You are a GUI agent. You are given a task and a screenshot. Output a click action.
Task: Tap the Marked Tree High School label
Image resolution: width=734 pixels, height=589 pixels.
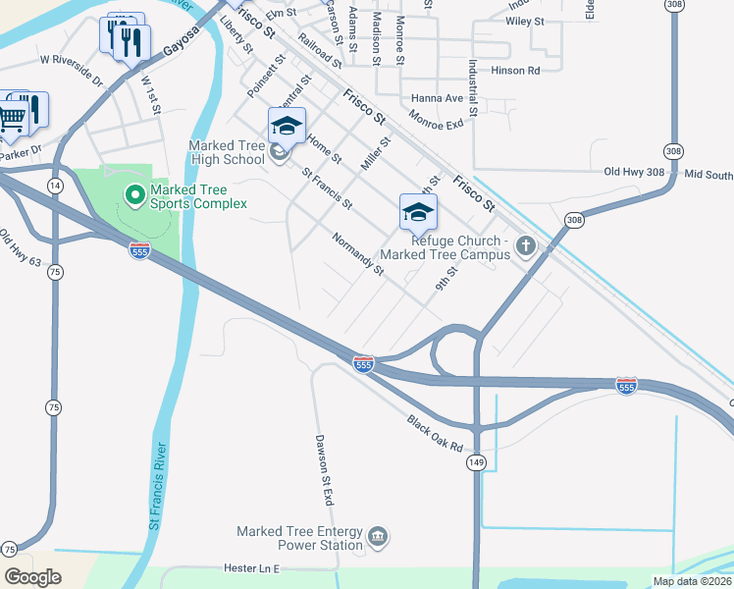[227, 153]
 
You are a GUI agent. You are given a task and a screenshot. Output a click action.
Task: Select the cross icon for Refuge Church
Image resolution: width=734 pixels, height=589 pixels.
[526, 244]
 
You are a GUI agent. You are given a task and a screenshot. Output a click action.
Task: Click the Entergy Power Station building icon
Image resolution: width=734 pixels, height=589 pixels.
[378, 537]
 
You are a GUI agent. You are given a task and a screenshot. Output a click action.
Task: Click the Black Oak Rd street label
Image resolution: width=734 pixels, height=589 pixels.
[435, 432]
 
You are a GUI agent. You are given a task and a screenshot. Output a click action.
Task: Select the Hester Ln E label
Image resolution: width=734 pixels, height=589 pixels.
[252, 568]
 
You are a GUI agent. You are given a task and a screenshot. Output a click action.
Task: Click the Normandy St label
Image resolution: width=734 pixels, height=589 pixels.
[357, 253]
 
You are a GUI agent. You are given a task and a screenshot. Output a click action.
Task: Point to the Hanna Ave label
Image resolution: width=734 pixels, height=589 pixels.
[437, 98]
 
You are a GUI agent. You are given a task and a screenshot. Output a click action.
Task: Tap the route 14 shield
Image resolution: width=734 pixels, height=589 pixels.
[54, 185]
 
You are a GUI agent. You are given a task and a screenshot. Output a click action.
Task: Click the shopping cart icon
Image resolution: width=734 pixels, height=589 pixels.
[12, 118]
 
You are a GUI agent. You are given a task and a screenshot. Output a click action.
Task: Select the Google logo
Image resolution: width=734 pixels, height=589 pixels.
[32, 577]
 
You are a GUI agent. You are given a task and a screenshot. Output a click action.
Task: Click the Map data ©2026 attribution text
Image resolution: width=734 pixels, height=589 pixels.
[691, 581]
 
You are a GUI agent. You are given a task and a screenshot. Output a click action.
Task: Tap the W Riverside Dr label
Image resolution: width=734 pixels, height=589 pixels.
[72, 71]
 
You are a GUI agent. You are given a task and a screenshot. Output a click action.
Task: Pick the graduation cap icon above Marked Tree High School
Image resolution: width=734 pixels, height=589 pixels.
[287, 126]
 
